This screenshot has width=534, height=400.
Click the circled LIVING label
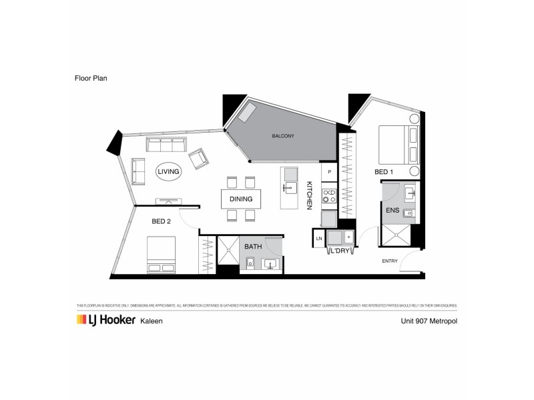[x=168, y=172]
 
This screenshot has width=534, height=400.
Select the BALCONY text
[x=283, y=136]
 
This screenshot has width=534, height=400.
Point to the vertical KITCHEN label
[x=309, y=196]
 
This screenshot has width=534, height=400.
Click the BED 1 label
[x=383, y=172]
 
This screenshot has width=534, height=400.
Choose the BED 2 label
[x=162, y=222]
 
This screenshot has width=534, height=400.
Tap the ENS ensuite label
[x=392, y=210]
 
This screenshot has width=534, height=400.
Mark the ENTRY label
[x=390, y=261]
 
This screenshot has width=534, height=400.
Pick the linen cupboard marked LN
[x=319, y=238]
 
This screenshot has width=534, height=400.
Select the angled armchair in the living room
[x=199, y=159]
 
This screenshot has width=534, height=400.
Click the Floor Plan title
[x=90, y=77]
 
